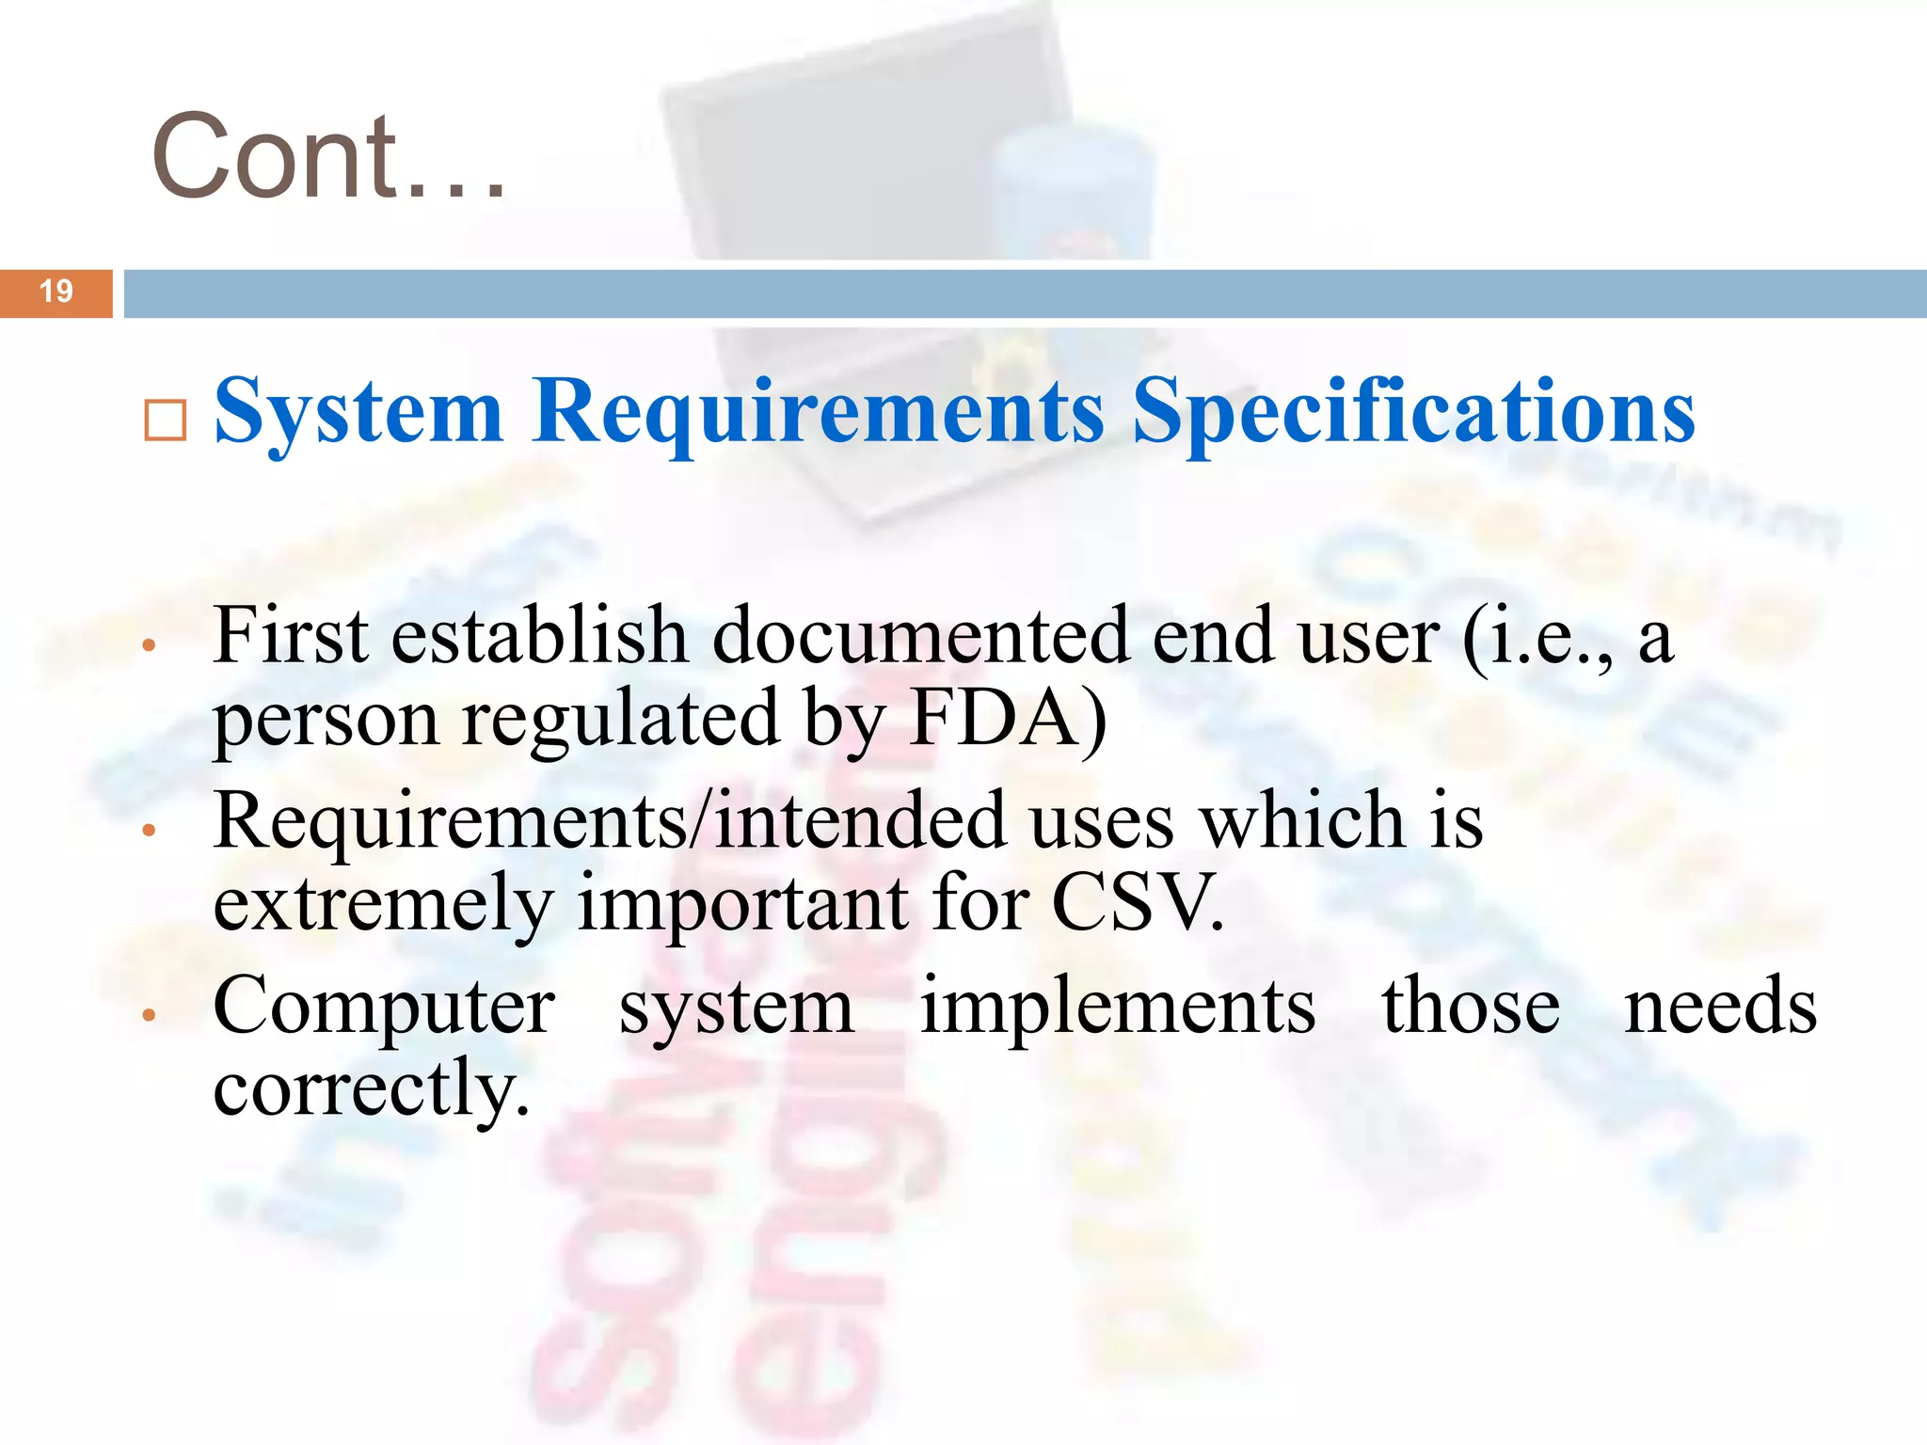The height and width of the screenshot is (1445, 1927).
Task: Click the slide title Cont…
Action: [x=328, y=156]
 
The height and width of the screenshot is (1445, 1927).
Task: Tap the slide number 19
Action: [x=56, y=292]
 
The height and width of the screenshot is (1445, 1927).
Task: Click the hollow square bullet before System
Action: [x=166, y=421]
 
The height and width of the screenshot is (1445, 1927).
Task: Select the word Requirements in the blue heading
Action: [x=818, y=412]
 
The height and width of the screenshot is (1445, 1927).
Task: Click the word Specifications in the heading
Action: [x=1412, y=412]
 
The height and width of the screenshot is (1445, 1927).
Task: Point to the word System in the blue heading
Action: [x=358, y=412]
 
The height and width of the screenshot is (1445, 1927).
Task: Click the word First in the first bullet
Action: [x=291, y=637]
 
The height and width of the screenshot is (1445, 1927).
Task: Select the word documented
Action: [x=919, y=637]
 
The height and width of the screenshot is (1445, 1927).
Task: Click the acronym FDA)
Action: [x=1008, y=720]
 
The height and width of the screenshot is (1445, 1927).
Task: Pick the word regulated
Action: [x=620, y=720]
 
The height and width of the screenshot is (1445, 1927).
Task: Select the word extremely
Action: [x=383, y=903]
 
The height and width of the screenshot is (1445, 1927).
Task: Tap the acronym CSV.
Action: [x=1138, y=903]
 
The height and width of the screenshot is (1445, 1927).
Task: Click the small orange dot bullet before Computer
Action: [x=148, y=1015]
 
